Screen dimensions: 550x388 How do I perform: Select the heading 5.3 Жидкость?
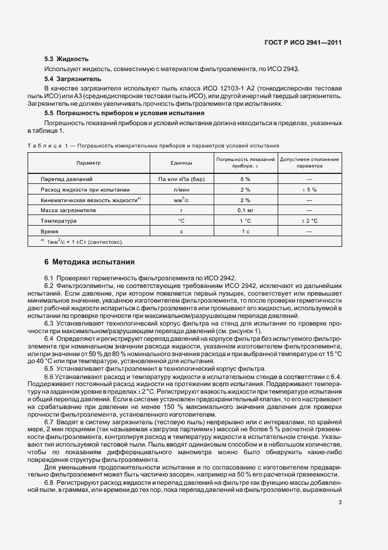click(x=66, y=59)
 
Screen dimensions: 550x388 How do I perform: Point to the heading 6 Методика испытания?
click(x=90, y=262)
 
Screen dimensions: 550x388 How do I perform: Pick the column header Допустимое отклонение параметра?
click(x=309, y=163)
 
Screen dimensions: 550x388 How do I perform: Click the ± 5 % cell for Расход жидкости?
click(x=309, y=189)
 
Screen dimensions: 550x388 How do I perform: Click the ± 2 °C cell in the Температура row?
click(x=309, y=221)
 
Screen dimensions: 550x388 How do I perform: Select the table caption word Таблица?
click(x=44, y=145)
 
